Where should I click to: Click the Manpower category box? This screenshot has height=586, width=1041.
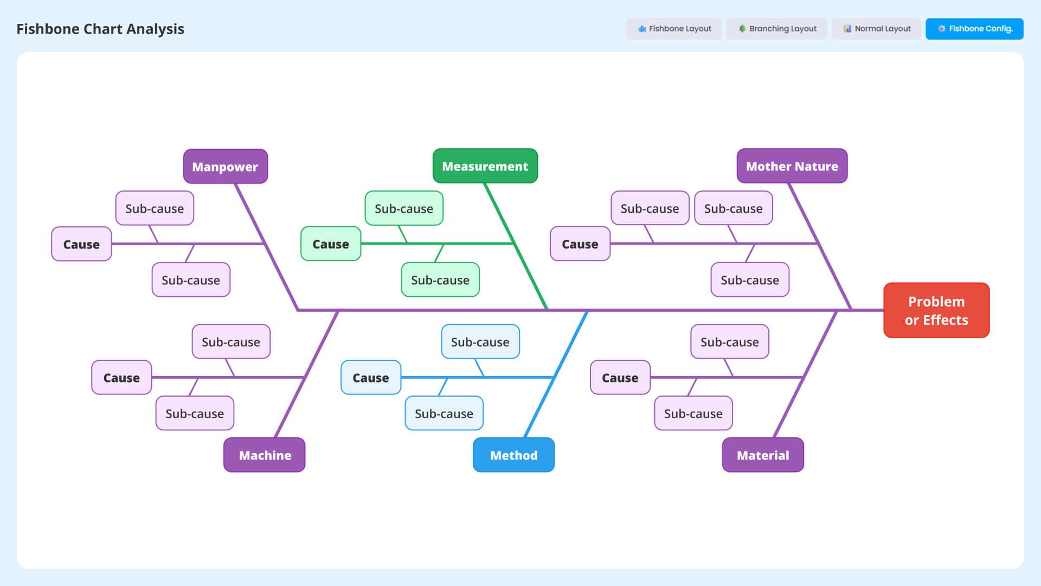[x=225, y=167]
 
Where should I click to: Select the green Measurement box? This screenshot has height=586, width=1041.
[x=485, y=166]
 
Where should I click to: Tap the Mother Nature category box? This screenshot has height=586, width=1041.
[x=792, y=166]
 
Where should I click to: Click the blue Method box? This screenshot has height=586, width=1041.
[x=513, y=455]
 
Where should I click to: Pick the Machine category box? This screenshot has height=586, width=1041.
[x=265, y=455]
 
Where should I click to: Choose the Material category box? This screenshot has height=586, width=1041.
[x=762, y=455]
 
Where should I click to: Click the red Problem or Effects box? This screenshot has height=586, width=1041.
[x=936, y=310]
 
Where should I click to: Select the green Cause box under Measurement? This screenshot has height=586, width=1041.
[x=331, y=244]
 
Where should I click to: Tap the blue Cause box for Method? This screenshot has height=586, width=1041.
[x=371, y=378]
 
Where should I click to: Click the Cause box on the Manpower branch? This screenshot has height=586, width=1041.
[x=81, y=244]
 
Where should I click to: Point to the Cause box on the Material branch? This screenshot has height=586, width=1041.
[x=620, y=378]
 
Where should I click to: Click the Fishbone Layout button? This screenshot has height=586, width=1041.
[x=674, y=29]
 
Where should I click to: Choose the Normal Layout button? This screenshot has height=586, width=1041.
[x=877, y=29]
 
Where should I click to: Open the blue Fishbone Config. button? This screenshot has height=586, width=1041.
[x=974, y=29]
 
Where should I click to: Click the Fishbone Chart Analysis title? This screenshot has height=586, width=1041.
[x=100, y=29]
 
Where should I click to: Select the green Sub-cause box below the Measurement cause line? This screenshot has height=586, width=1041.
[x=440, y=280]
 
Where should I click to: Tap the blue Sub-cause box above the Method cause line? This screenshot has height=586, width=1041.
[x=480, y=342]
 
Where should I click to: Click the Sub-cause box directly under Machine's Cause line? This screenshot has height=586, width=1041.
[x=195, y=413]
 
